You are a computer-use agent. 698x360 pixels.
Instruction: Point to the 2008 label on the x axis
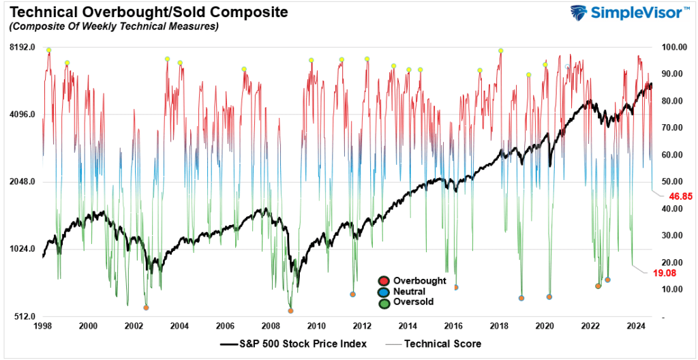tap(271, 327)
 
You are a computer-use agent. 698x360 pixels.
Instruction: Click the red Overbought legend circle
tap(384, 281)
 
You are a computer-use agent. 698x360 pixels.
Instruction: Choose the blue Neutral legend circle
tap(384, 291)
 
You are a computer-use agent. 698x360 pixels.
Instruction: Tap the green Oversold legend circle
tap(384, 301)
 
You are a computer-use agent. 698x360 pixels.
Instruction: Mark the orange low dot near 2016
tap(455, 288)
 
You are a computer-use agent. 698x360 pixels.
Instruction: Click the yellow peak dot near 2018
tap(501, 50)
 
